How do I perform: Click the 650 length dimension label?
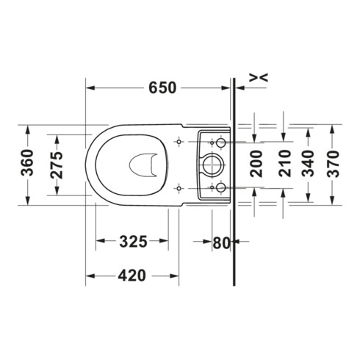(x=162, y=87)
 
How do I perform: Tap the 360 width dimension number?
(x=27, y=163)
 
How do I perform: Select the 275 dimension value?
(x=57, y=165)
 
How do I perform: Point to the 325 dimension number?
(x=133, y=242)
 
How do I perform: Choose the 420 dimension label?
(x=132, y=276)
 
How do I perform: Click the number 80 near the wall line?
(x=221, y=243)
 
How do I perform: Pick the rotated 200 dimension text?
(x=256, y=164)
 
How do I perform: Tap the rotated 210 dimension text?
(x=285, y=164)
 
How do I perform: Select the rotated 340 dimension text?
(x=308, y=164)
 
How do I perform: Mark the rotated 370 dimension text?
(x=334, y=164)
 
